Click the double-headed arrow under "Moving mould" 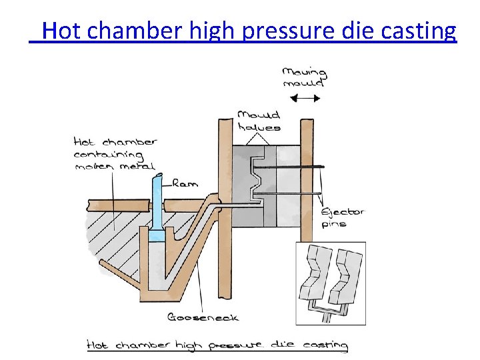(307, 98)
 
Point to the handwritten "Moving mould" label (304, 77)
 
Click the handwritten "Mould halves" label (259, 121)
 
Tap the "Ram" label (185, 183)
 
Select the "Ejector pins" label (342, 217)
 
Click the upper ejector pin (293, 167)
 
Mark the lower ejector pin (293, 193)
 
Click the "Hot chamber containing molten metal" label (115, 153)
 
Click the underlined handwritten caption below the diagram (218, 345)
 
